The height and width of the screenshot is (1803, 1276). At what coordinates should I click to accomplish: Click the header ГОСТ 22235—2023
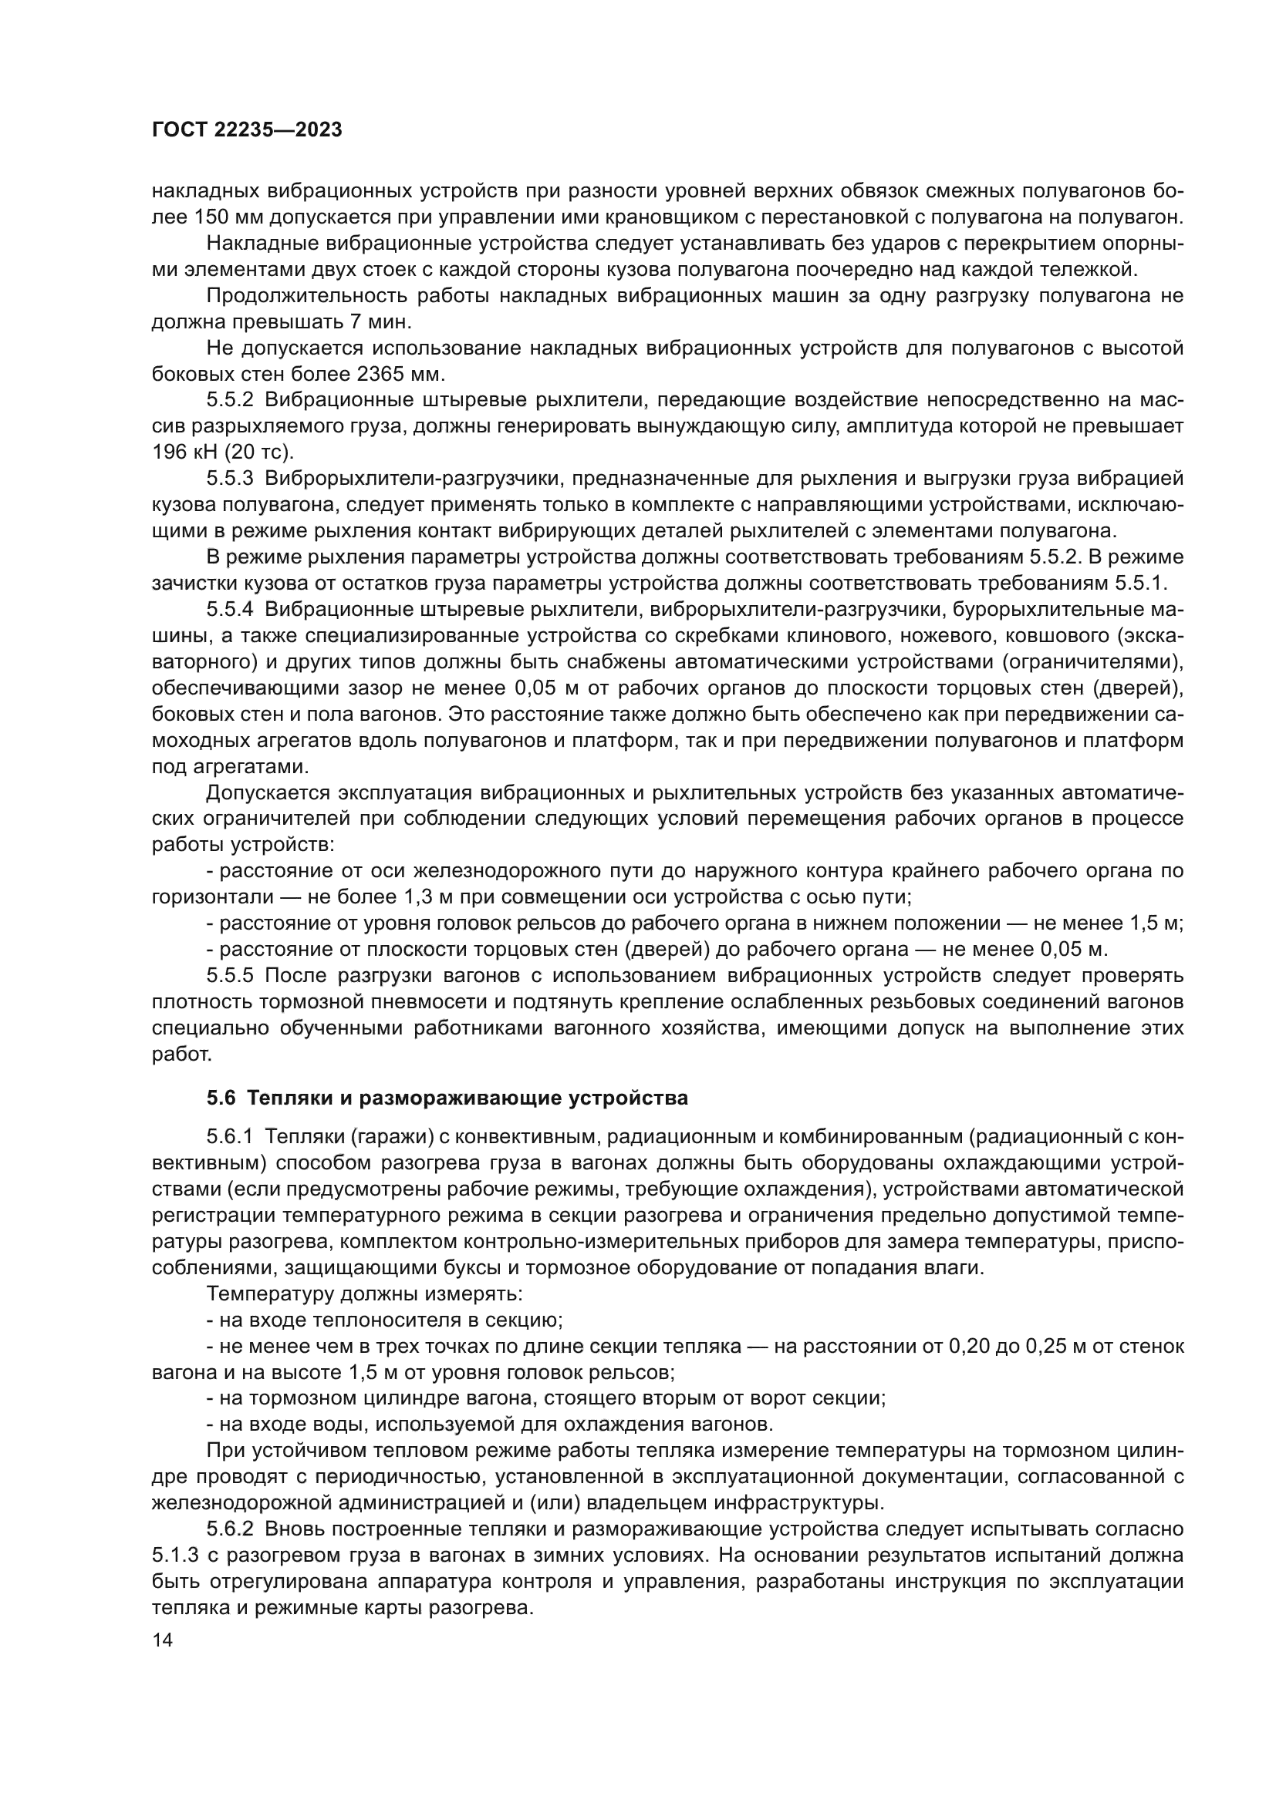coord(247,130)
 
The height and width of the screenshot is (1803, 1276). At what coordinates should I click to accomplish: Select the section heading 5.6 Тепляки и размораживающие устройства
coord(447,1098)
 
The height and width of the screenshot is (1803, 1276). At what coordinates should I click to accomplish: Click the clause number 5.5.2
coord(230,401)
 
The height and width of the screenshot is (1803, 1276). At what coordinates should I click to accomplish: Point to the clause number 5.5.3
coord(230,478)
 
